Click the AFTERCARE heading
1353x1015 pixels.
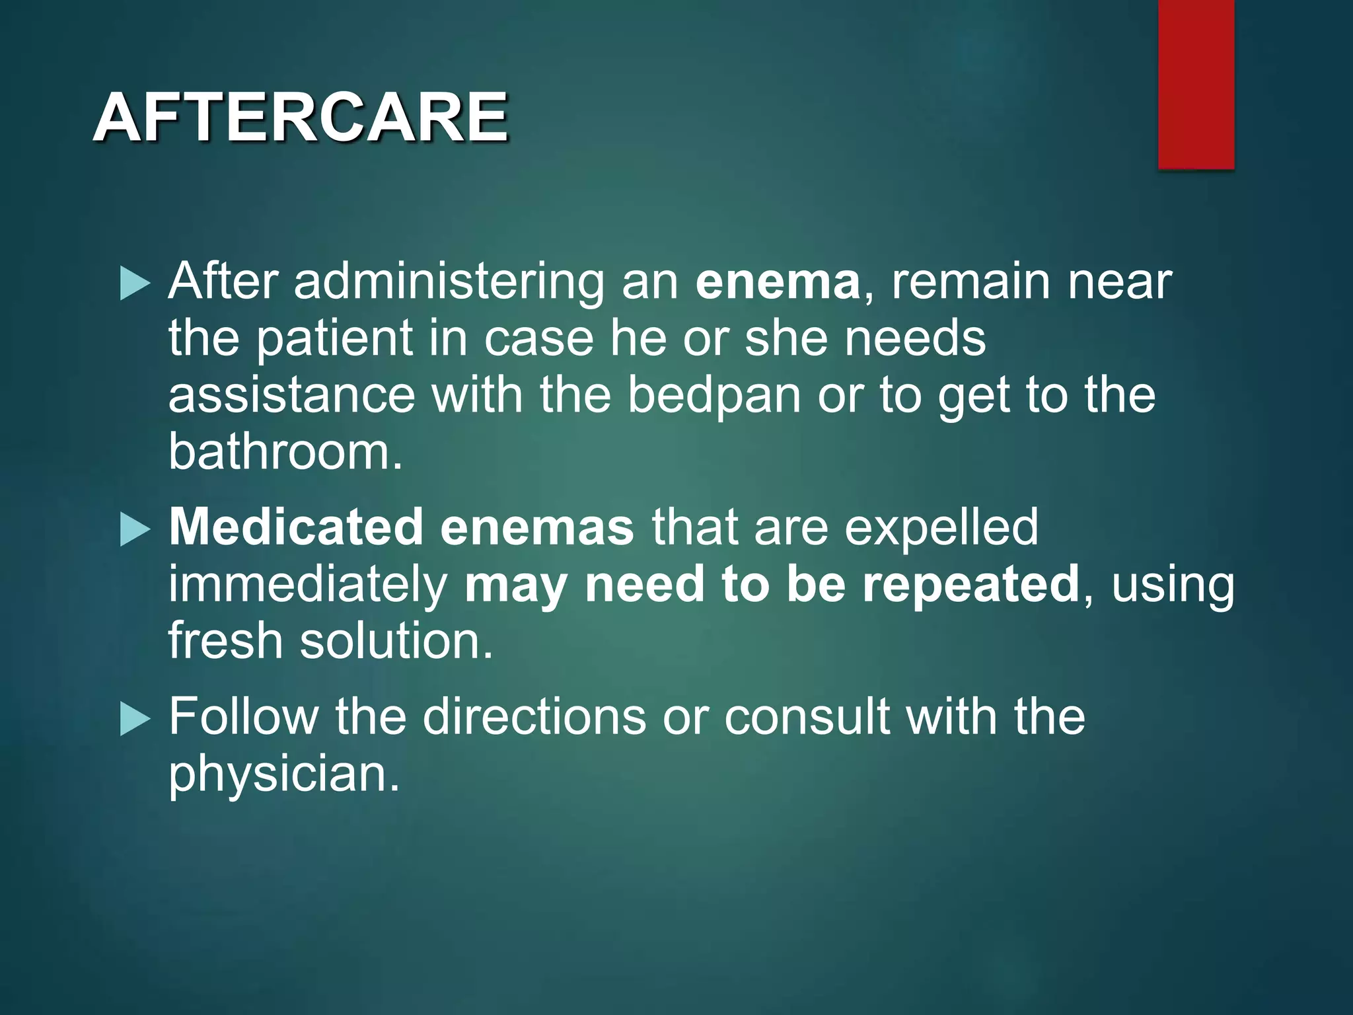[301, 117]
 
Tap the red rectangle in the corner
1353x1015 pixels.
[1196, 84]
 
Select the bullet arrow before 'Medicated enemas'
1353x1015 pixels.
[135, 530]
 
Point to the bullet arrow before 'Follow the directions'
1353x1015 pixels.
[135, 719]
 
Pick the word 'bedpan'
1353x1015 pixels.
[713, 396]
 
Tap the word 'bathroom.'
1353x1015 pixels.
[285, 453]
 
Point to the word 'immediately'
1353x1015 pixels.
[308, 585]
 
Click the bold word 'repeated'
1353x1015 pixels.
[970, 585]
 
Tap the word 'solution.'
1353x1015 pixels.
[396, 641]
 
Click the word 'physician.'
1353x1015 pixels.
[284, 774]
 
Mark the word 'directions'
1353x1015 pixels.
[534, 717]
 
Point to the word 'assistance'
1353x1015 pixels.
[291, 396]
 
